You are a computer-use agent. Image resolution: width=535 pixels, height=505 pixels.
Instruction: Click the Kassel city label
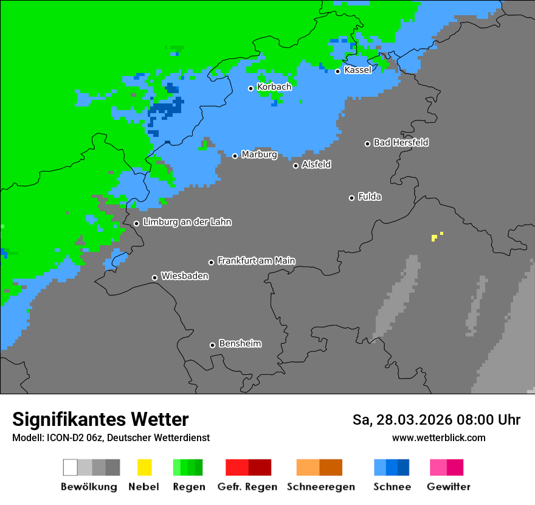357,70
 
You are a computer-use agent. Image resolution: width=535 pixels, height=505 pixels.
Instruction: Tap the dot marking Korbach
250,88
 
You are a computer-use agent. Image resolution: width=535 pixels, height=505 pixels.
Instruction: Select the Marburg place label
259,155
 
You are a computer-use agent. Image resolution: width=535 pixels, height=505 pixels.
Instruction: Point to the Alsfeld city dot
296,165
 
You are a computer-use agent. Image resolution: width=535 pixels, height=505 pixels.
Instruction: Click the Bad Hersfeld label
401,142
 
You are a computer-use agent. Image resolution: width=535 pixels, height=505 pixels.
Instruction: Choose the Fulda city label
370,197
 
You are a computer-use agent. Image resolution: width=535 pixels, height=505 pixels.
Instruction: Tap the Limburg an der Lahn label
187,222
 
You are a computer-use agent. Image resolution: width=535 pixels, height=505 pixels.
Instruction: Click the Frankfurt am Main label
256,260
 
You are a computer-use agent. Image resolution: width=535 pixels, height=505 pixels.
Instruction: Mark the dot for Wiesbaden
155,277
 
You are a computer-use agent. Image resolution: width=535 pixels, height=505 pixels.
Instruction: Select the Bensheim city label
240,343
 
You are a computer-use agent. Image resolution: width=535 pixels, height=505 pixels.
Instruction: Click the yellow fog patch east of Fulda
434,237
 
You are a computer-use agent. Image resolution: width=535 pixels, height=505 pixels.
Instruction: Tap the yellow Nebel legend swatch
144,467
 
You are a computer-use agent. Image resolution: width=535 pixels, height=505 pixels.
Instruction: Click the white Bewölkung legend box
71,467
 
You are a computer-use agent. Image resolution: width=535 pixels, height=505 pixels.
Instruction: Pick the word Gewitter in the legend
448,487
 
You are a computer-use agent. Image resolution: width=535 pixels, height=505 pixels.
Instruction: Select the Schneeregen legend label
320,487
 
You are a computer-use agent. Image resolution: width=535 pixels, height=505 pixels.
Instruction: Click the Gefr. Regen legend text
247,487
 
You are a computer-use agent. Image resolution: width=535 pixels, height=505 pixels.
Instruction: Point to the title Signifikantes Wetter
100,419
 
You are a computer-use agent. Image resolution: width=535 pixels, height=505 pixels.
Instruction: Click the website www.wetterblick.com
438,437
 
